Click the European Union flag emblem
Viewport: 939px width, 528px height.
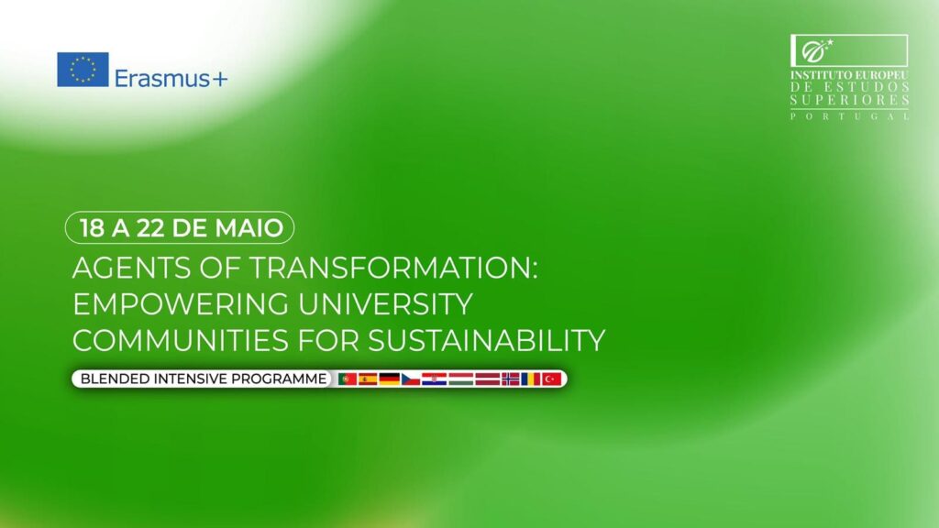tap(83, 70)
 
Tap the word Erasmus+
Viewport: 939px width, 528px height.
tap(171, 79)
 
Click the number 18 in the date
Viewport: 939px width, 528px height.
tap(93, 228)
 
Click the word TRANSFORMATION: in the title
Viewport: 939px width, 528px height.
tap(393, 268)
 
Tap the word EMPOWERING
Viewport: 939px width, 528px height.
tap(181, 304)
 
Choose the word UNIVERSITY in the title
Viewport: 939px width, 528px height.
tap(386, 304)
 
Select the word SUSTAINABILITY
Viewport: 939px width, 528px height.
tap(486, 340)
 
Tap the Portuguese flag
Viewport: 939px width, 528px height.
tap(348, 379)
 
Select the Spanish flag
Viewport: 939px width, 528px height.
tap(368, 379)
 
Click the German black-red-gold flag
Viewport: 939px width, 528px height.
tap(389, 379)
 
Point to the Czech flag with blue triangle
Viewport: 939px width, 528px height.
tap(411, 379)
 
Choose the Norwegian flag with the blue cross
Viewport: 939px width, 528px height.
tap(510, 379)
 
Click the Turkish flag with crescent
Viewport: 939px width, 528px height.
tap(551, 379)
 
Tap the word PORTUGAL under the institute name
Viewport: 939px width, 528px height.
tap(850, 116)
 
